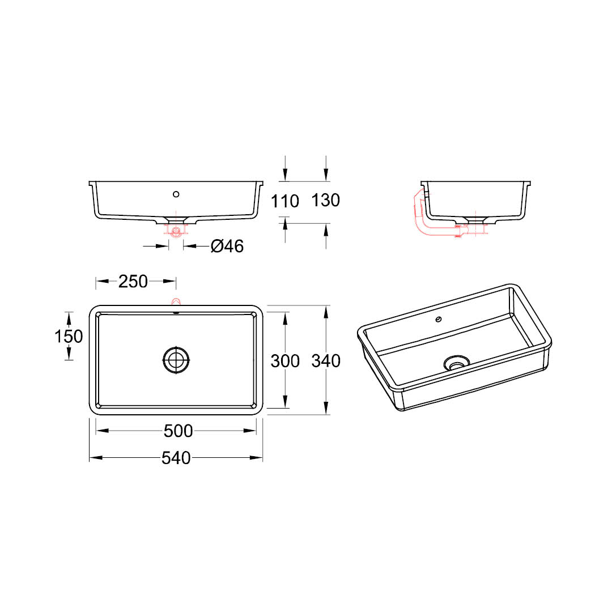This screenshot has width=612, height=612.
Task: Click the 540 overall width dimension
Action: [176, 458]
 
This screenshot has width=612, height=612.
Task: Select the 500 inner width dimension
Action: [178, 431]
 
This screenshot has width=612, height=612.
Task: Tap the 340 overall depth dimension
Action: [326, 360]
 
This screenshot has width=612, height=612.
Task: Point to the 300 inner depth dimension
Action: [285, 360]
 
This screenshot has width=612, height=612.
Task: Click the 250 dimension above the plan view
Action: [133, 282]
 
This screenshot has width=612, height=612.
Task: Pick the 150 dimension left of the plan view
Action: [69, 336]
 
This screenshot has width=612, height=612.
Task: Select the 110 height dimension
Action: [285, 201]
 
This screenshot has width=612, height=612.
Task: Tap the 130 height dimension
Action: [325, 200]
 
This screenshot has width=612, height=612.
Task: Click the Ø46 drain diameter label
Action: [227, 246]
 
